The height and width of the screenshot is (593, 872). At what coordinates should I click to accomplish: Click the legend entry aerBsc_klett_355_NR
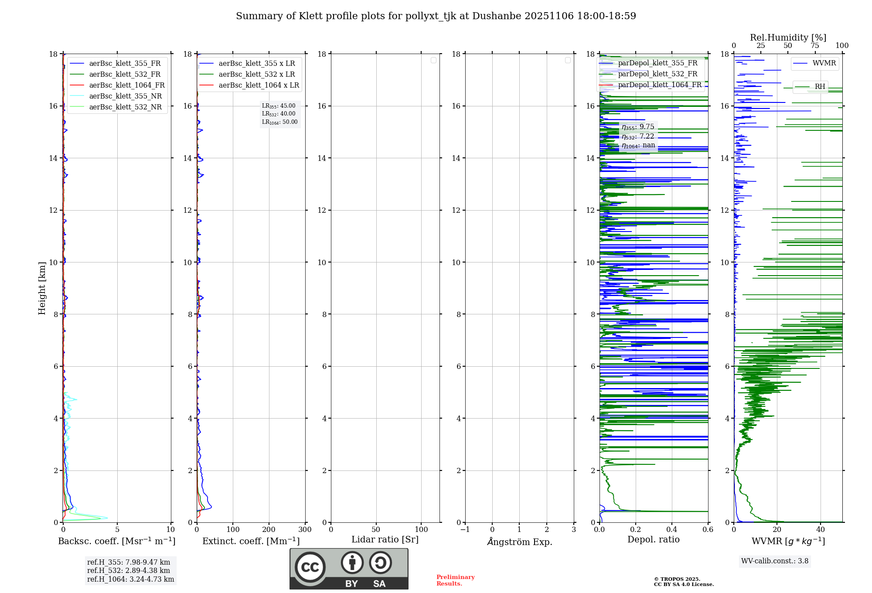pos(125,96)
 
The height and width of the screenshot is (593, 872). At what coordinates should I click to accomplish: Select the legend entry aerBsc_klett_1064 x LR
pos(259,85)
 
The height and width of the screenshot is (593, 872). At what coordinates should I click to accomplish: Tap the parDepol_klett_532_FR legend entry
pos(657,74)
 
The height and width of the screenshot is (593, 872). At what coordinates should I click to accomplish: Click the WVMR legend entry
pos(824,63)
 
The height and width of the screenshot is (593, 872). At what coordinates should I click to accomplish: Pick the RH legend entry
pos(820,87)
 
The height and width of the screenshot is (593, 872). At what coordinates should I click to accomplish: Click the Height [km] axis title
pos(42,288)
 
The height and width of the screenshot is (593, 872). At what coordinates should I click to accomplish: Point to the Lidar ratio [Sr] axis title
pos(385,539)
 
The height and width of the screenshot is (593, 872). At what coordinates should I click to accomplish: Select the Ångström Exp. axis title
pos(519,542)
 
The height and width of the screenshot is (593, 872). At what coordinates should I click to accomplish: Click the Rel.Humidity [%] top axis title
pos(788,37)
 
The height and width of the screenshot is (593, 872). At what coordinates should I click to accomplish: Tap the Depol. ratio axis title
pos(653,539)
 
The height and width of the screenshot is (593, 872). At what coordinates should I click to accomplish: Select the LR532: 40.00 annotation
pos(279,114)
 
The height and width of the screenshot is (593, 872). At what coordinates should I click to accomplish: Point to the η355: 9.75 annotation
pos(638,127)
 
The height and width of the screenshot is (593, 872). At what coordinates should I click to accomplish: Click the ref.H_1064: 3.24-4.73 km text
pos(130,579)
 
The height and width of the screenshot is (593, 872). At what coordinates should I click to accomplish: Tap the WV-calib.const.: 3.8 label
pos(774,561)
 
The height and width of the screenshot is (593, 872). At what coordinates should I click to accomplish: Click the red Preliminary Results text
pos(455,580)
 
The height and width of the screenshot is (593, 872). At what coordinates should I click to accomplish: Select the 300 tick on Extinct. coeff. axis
pos(305,529)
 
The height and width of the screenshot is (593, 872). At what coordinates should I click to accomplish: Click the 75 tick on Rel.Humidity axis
pos(814,46)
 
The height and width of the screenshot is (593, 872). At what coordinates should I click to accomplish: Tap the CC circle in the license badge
pos(310,567)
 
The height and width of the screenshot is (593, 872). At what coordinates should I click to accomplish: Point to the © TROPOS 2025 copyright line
pos(677,579)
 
